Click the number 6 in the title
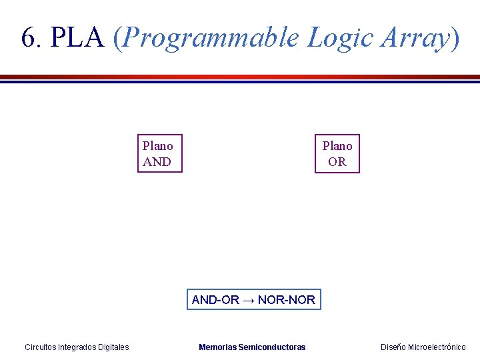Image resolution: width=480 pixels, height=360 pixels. tap(28, 38)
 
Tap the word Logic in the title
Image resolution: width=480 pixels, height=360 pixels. tap(339, 39)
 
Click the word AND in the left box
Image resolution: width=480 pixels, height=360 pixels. tap(157, 162)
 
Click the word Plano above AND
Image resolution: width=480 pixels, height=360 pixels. tap(158, 146)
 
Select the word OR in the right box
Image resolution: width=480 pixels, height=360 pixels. tap(337, 162)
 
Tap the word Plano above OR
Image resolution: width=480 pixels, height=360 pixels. tap(337, 146)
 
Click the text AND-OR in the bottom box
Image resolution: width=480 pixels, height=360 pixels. tap(215, 300)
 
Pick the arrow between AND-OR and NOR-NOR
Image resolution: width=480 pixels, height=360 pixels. tap(248, 300)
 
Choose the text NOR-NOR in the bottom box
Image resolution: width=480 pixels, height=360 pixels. tap(287, 300)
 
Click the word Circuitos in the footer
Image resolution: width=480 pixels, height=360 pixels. tap(40, 347)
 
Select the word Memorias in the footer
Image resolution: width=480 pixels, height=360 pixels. tap(217, 347)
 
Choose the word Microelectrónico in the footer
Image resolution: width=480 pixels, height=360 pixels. tap(437, 347)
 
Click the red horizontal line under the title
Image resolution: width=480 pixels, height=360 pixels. tap(240, 77)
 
